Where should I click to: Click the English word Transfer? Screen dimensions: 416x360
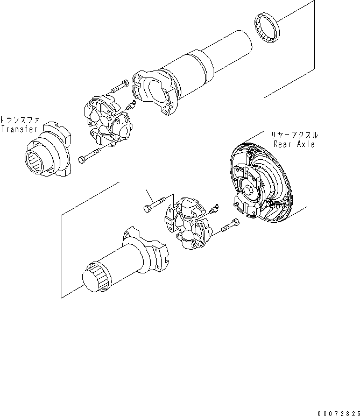(19, 129)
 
